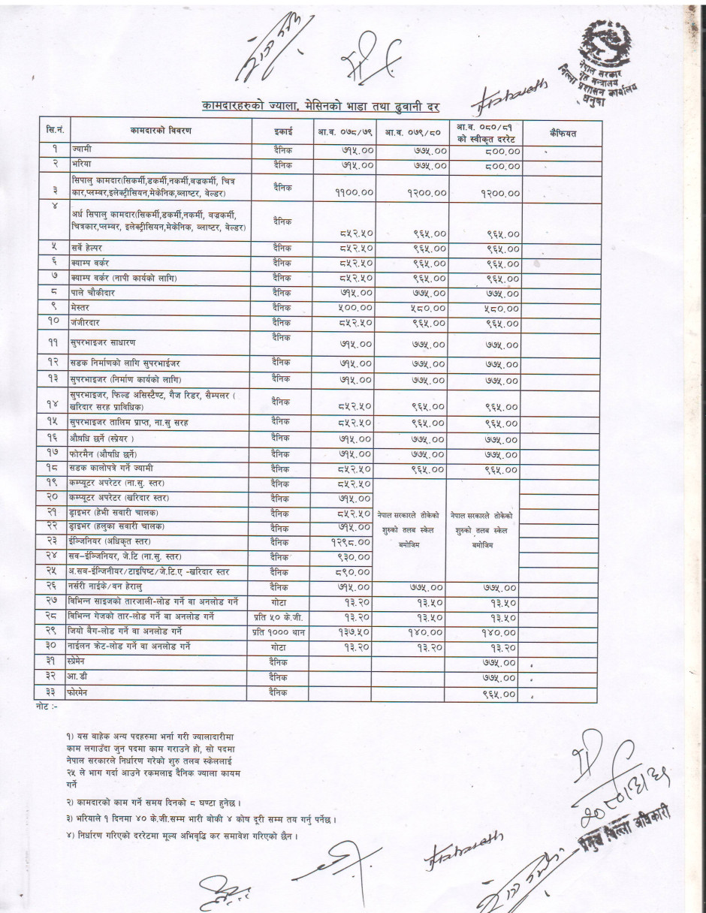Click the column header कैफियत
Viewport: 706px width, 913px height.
(x=563, y=133)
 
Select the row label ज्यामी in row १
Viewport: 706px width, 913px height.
(x=82, y=150)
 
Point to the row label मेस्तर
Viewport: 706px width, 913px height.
(x=81, y=308)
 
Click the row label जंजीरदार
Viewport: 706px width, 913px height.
(x=86, y=322)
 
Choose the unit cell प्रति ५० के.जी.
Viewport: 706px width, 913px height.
(x=276, y=616)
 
